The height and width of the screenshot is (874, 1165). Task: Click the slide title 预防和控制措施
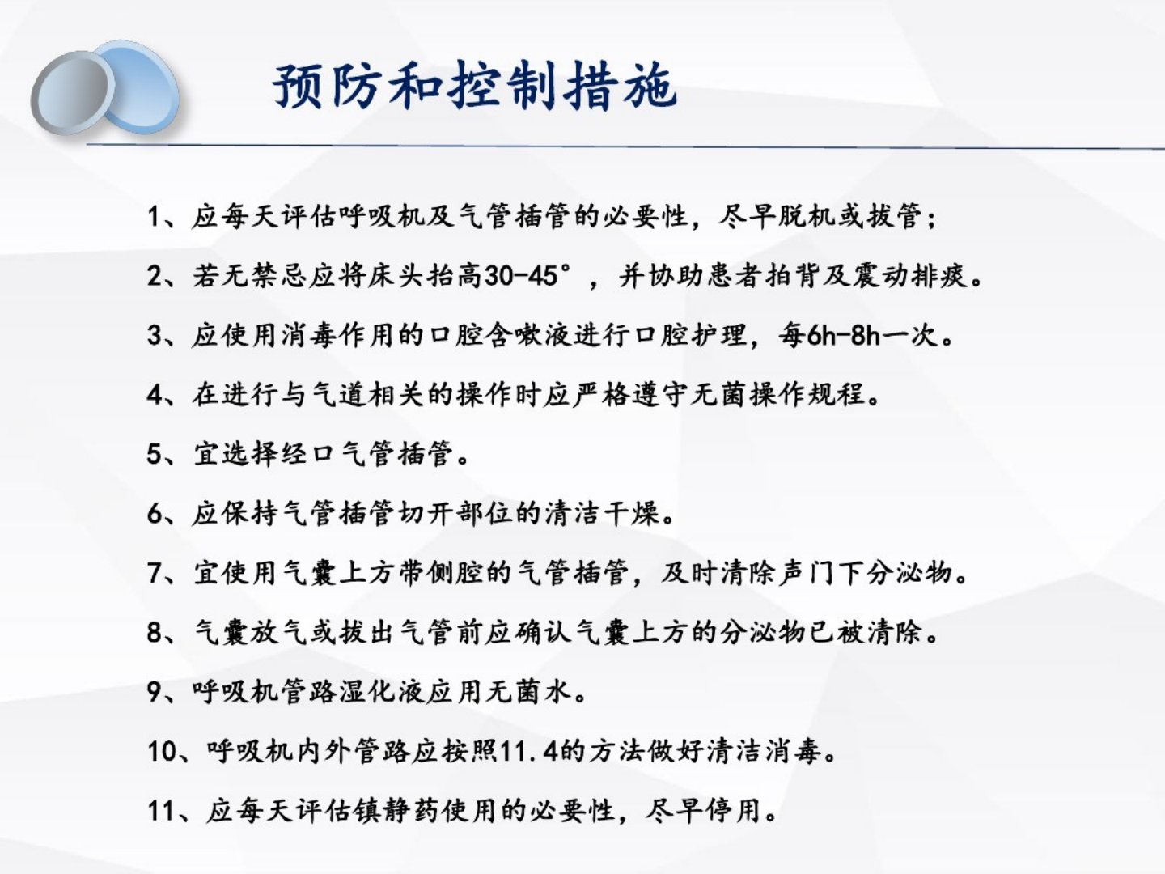pos(475,86)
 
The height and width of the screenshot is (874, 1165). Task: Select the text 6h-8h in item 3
pos(844,336)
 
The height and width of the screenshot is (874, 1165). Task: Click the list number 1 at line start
pos(155,217)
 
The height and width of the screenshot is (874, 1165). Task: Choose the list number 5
pos(155,454)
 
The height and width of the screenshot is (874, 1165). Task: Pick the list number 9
pos(155,692)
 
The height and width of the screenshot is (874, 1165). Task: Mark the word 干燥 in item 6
pos(630,514)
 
